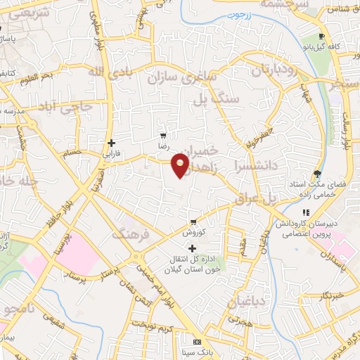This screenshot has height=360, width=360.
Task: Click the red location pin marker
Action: pyautogui.click(x=181, y=165)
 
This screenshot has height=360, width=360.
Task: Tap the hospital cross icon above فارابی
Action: pyautogui.click(x=111, y=143)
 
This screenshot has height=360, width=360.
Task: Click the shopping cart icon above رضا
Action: pyautogui.click(x=163, y=136)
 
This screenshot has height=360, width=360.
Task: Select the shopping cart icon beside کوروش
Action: pyautogui.click(x=193, y=221)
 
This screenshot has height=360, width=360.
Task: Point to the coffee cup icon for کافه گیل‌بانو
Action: pyautogui.click(x=321, y=37)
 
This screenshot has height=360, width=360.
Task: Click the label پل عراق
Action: pyautogui.click(x=280, y=199)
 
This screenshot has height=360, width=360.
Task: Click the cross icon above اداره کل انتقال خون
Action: pyautogui.click(x=192, y=248)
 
